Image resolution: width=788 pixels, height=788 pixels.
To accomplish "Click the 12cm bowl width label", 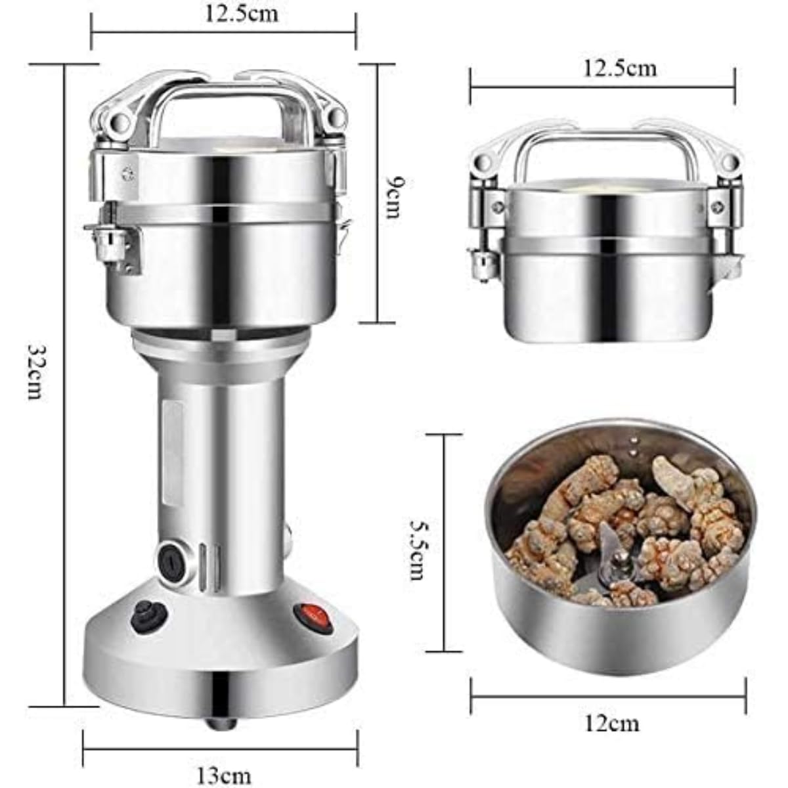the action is [612, 724].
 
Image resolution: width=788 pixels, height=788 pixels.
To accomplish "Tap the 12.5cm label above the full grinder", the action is [241, 14].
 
